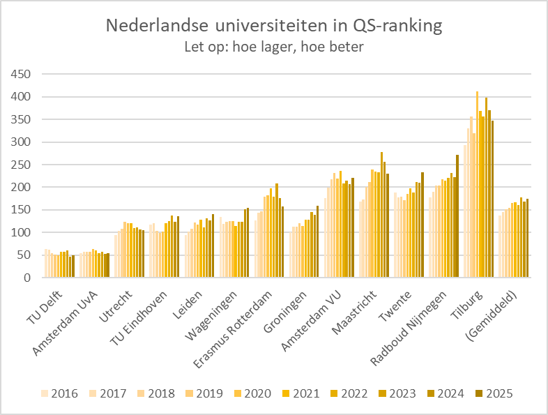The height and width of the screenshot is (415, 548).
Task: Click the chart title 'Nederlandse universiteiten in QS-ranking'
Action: pos(273,27)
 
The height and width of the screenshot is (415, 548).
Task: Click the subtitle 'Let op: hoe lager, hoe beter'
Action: pos(273,47)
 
